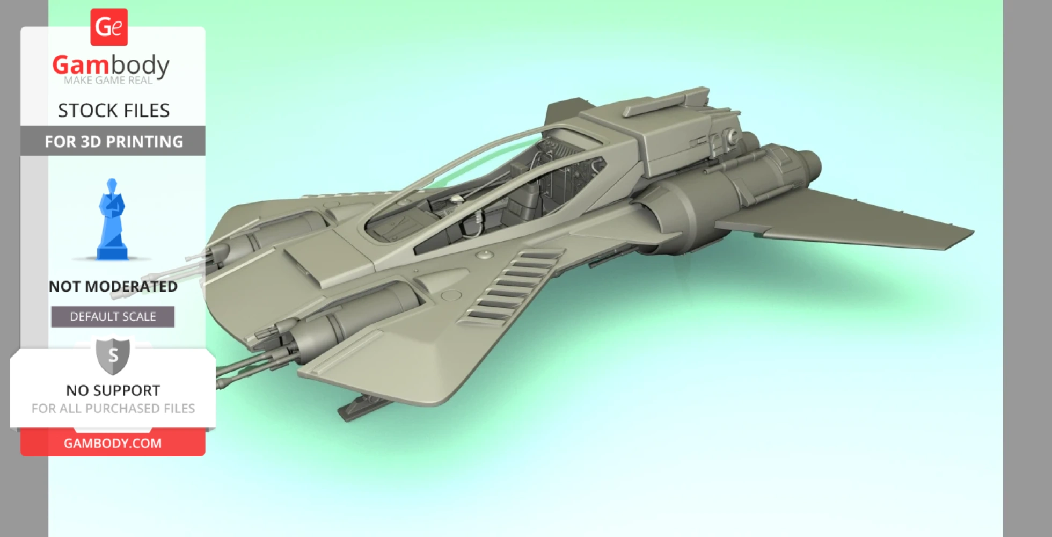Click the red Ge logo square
pyautogui.click(x=109, y=27)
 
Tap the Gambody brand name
pyautogui.click(x=111, y=66)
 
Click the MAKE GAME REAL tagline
pyautogui.click(x=108, y=81)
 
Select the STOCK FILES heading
pyautogui.click(x=113, y=111)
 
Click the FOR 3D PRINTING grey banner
pyautogui.click(x=113, y=141)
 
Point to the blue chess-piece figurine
pyautogui.click(x=112, y=220)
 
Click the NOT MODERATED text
pyautogui.click(x=113, y=286)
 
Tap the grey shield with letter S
pyautogui.click(x=113, y=355)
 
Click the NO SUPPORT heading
pyautogui.click(x=113, y=390)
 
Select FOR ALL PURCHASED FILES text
pyautogui.click(x=113, y=409)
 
